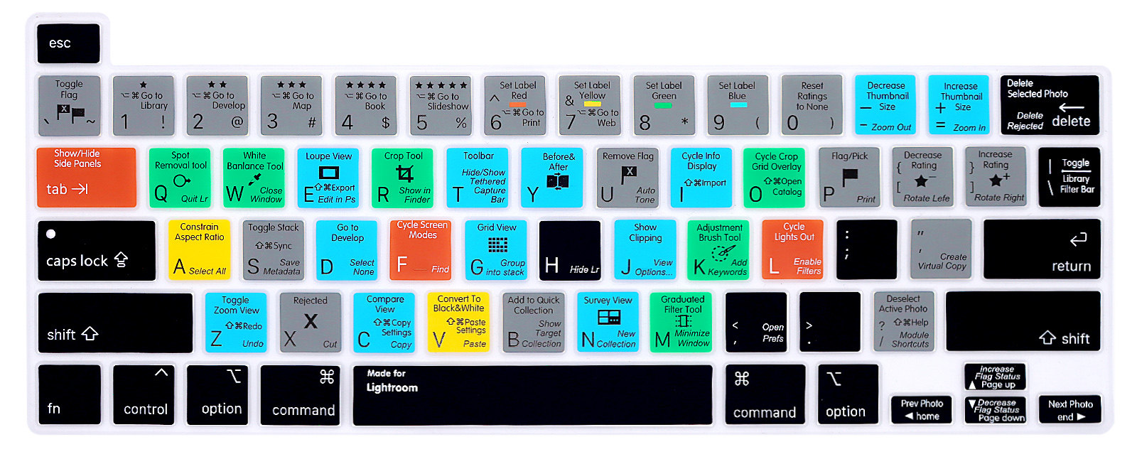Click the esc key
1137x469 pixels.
(x=68, y=43)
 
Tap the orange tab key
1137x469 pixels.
(x=86, y=178)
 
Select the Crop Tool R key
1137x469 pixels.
(x=402, y=178)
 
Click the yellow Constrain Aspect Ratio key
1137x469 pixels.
(x=199, y=249)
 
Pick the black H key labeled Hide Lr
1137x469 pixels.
(x=570, y=249)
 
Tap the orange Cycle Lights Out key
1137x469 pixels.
(x=793, y=249)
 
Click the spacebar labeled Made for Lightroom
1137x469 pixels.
(x=532, y=395)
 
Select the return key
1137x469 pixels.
(x=1042, y=249)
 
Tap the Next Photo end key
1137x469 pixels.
(x=1070, y=409)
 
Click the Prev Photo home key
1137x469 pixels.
(x=922, y=409)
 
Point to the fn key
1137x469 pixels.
(x=70, y=395)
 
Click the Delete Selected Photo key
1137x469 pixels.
(x=1049, y=105)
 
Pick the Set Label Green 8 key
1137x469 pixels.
(x=664, y=105)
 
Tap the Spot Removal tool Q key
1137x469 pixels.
(x=180, y=178)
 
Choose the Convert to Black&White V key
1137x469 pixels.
(x=458, y=322)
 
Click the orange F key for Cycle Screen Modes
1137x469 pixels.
(x=421, y=249)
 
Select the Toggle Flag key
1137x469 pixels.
(x=70, y=105)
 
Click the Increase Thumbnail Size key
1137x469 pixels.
(x=959, y=105)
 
